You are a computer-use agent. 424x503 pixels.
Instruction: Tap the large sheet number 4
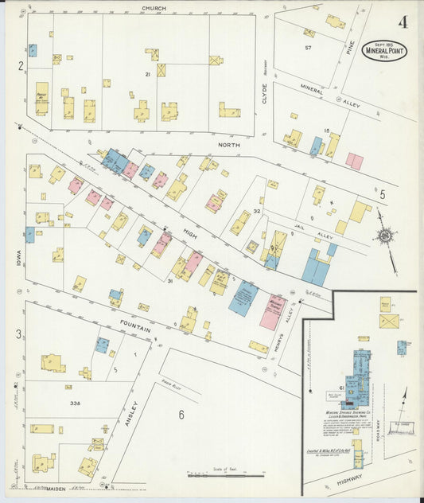click(x=404, y=22)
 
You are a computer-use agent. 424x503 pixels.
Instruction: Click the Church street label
click(x=154, y=8)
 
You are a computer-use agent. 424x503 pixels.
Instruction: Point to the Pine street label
click(x=348, y=49)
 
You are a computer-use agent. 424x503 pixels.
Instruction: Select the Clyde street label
click(x=265, y=94)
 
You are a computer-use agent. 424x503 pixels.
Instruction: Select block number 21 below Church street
click(x=147, y=74)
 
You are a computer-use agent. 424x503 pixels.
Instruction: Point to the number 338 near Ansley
click(x=76, y=404)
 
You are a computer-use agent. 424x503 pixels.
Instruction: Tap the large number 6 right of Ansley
click(x=181, y=414)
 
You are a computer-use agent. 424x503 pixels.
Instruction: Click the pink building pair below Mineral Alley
click(x=355, y=162)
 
